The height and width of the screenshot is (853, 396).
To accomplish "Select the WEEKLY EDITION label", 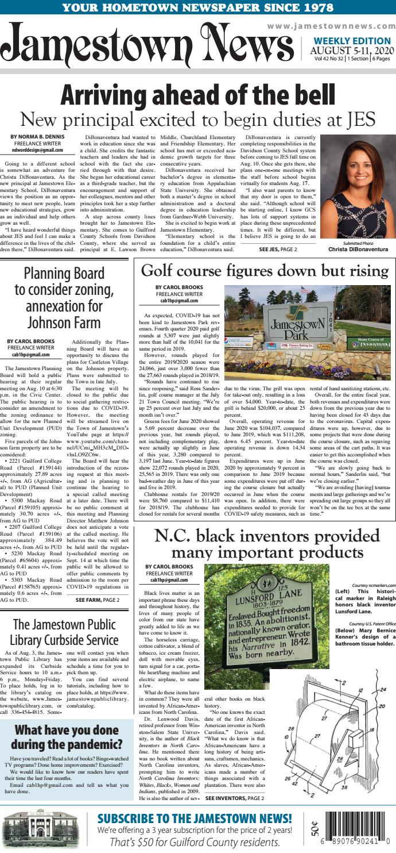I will click(352, 41).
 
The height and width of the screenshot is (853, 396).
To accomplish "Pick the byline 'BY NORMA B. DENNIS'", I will click(37, 137).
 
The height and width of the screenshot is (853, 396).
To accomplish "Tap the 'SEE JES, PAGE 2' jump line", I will click(278, 249).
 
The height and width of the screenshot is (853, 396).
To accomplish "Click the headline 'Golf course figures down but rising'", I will click(263, 270).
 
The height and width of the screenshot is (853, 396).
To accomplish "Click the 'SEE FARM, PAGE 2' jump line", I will click(98, 600).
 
